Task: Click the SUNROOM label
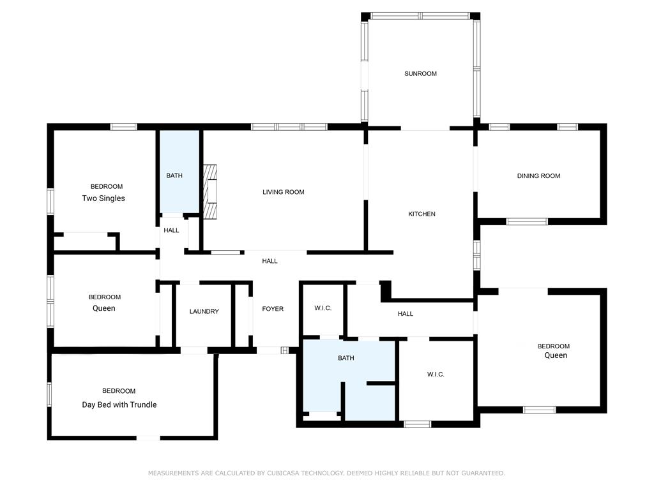pyautogui.click(x=420, y=74)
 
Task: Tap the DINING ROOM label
pyautogui.click(x=538, y=176)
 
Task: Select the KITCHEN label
pyautogui.click(x=422, y=214)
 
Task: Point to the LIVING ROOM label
pyautogui.click(x=283, y=192)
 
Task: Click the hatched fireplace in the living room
pyautogui.click(x=209, y=191)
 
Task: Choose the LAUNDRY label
pyautogui.click(x=204, y=311)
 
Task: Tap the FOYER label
pyautogui.click(x=273, y=309)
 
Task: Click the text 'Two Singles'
pyautogui.click(x=103, y=198)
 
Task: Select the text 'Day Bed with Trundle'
pyautogui.click(x=119, y=405)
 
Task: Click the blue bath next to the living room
pyautogui.click(x=179, y=172)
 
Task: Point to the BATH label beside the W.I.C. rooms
pyautogui.click(x=346, y=358)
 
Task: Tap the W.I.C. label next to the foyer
pyautogui.click(x=323, y=308)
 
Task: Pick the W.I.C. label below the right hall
pyautogui.click(x=436, y=375)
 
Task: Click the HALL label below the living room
pyautogui.click(x=270, y=261)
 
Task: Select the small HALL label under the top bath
pyautogui.click(x=171, y=230)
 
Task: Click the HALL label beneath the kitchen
pyautogui.click(x=406, y=314)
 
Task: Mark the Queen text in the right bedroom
pyautogui.click(x=556, y=355)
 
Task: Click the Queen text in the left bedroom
pyautogui.click(x=104, y=308)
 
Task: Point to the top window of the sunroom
pyautogui.click(x=420, y=16)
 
